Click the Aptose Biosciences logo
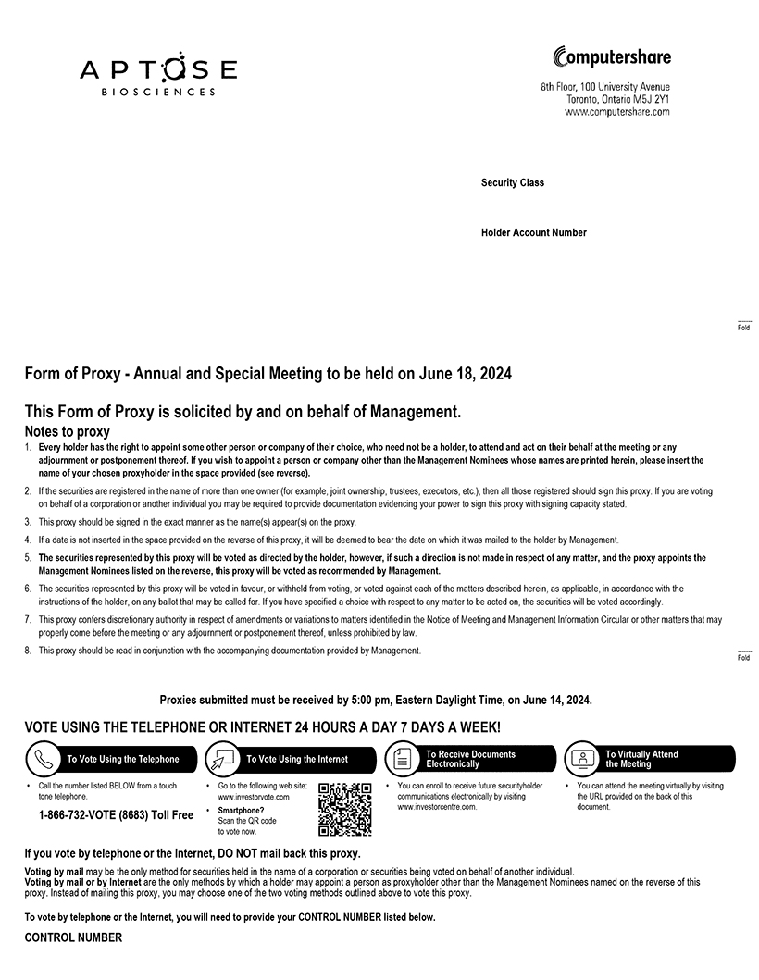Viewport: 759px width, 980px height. (157, 75)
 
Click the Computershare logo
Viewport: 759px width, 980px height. (611, 57)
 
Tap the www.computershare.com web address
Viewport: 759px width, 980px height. (616, 112)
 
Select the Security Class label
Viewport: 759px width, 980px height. (513, 183)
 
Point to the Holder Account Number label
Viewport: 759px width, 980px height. (533, 233)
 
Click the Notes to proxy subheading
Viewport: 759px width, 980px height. (67, 431)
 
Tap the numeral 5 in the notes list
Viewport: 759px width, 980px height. (28, 558)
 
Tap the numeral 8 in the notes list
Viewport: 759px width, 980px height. (28, 651)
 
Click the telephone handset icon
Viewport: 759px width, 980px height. (41, 760)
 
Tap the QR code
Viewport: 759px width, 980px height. (345, 809)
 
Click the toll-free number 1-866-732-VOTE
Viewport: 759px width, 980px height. (115, 815)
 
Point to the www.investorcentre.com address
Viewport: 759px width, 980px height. (437, 807)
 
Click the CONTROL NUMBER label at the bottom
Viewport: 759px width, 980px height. (73, 937)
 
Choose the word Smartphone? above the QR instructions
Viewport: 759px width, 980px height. (241, 810)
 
